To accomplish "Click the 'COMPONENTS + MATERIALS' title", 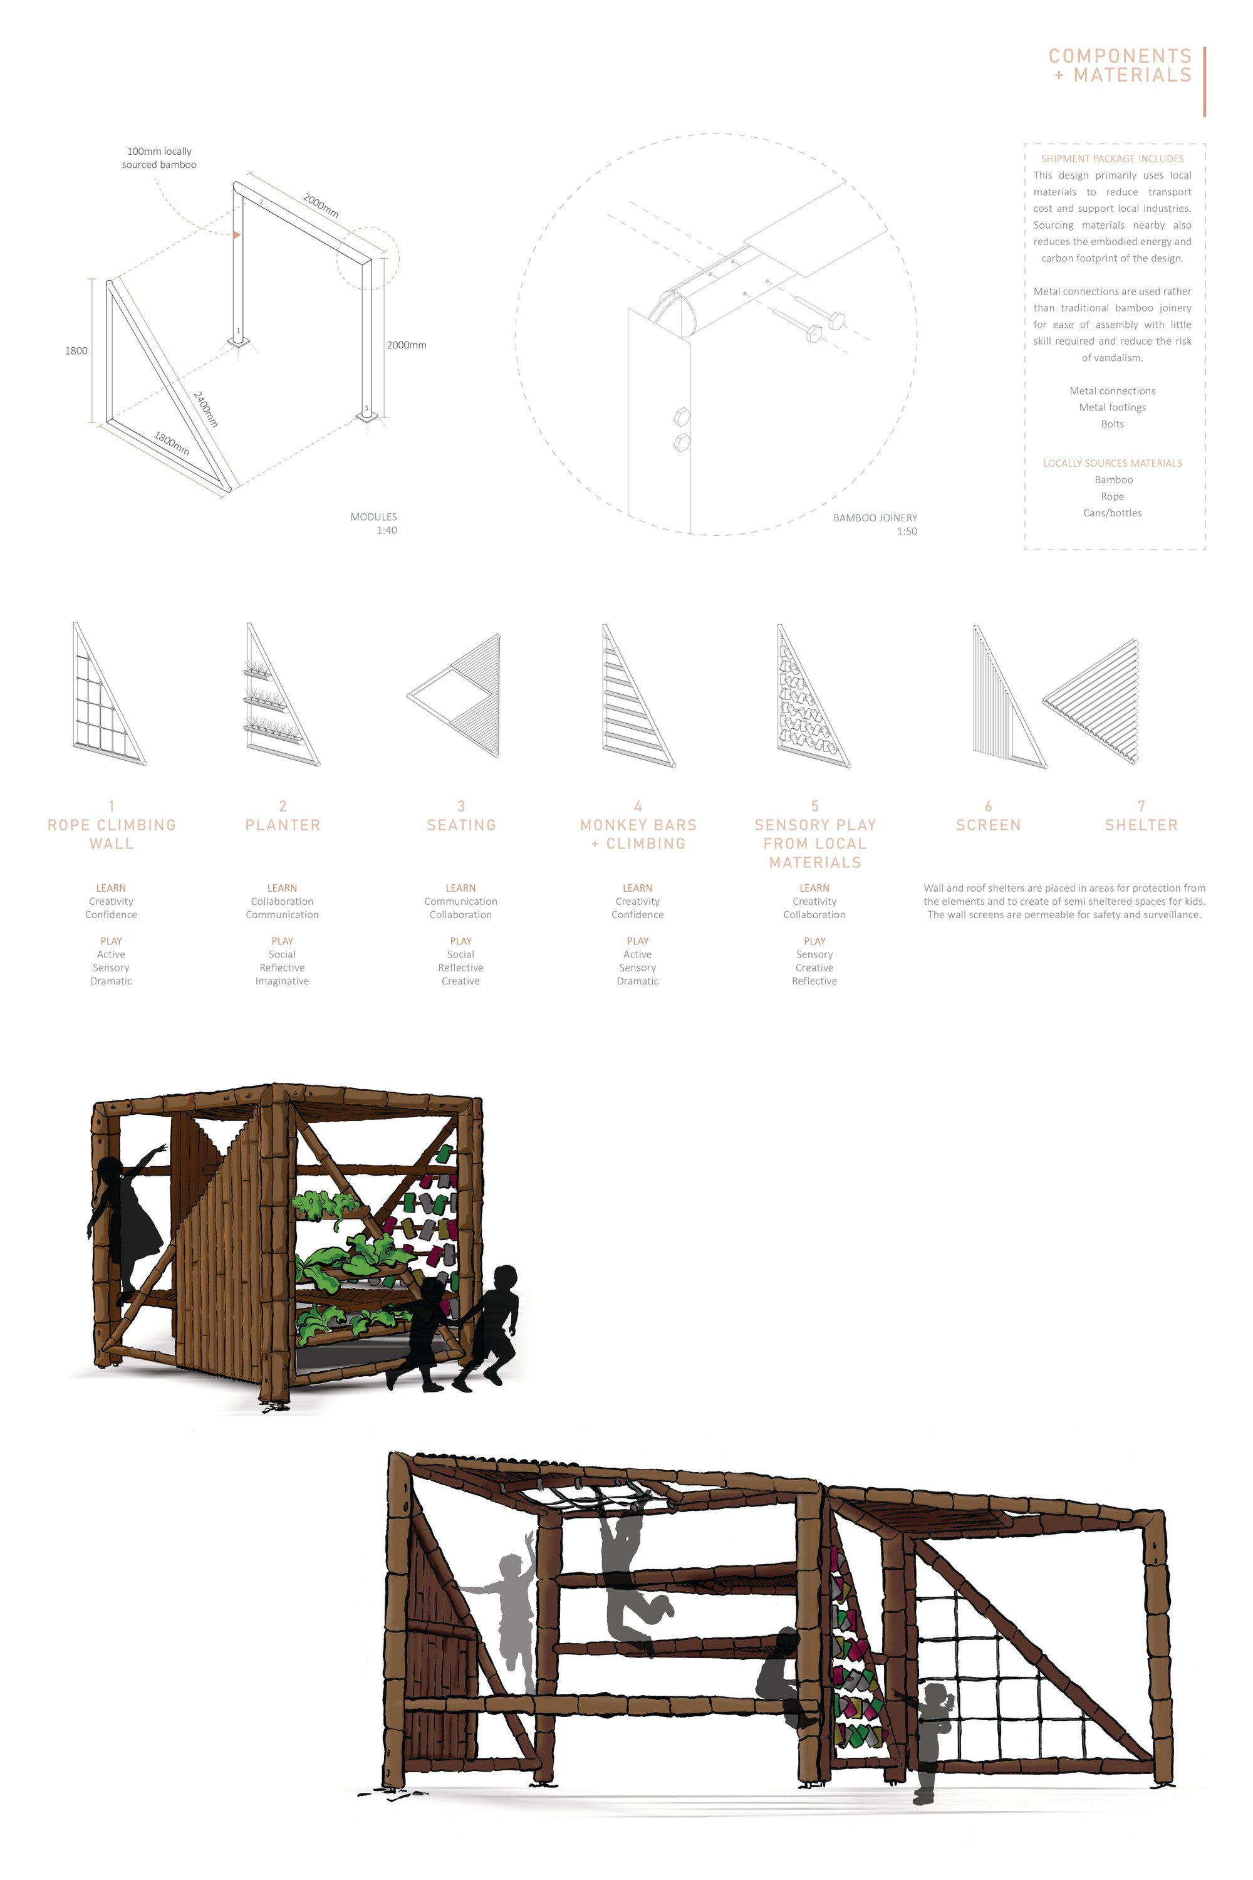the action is [x=1120, y=66].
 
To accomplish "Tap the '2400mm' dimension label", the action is [x=206, y=409].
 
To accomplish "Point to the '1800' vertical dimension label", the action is [x=76, y=351].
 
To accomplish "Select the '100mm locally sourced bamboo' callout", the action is [x=159, y=157].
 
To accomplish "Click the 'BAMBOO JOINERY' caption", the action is [x=875, y=518].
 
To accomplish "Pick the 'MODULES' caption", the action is [x=373, y=517].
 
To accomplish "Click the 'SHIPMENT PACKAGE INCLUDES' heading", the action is [x=1113, y=159].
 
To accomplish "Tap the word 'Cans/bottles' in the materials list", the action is [x=1113, y=513].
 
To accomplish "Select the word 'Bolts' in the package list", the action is [x=1113, y=424].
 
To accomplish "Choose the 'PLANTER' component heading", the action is [x=283, y=825].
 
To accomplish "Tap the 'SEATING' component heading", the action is [x=461, y=825].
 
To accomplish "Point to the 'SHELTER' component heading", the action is [x=1141, y=825].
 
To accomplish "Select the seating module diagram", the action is [x=454, y=696].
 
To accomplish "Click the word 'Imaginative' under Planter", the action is [x=282, y=981].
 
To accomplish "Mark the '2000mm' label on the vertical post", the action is [x=407, y=345].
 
